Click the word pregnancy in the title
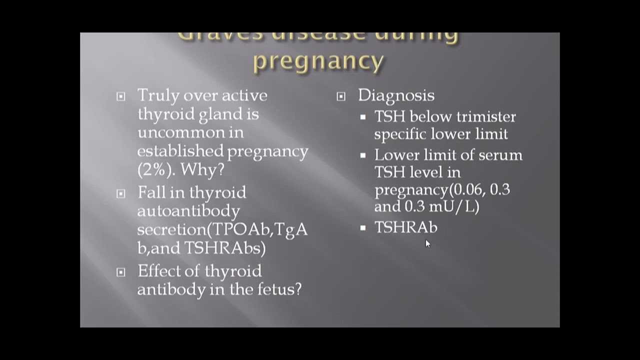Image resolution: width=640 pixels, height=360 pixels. click(x=318, y=61)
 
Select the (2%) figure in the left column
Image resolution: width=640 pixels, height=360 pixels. click(x=156, y=169)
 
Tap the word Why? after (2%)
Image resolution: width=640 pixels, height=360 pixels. click(x=202, y=169)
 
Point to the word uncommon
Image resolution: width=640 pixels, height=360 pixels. click(x=190, y=132)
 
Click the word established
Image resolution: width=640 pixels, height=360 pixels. click(x=180, y=151)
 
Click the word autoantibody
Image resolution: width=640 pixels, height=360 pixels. click(x=188, y=211)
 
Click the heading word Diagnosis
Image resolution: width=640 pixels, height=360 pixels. click(x=396, y=95)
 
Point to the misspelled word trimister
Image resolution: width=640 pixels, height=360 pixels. click(x=488, y=117)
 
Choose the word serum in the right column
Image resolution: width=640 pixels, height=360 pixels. click(x=500, y=155)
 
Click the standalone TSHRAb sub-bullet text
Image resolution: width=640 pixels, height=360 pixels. click(x=405, y=228)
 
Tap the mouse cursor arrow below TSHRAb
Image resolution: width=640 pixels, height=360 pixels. click(x=427, y=243)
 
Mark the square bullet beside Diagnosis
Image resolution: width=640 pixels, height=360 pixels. click(x=341, y=96)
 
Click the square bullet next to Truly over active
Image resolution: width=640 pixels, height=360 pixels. click(x=121, y=96)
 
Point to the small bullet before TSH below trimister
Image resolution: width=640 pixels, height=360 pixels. click(x=363, y=117)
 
